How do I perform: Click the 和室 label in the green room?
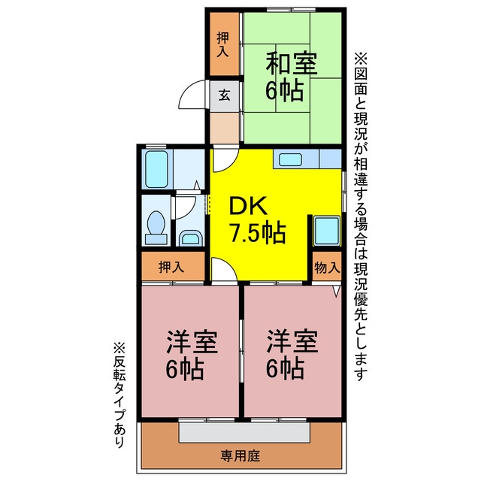(x=291, y=64)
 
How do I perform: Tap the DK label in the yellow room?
(x=248, y=206)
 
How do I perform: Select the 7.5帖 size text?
(x=259, y=232)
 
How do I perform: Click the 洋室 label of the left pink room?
(x=192, y=342)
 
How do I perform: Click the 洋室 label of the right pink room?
(x=292, y=342)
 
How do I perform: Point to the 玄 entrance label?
(x=225, y=95)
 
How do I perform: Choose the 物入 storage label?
(x=328, y=268)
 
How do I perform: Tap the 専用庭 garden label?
(x=240, y=456)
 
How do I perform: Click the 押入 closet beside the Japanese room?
(x=222, y=44)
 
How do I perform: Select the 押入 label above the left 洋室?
(x=171, y=268)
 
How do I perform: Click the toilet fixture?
(x=156, y=227)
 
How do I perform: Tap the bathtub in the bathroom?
(x=156, y=169)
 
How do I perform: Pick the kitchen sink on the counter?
(x=290, y=159)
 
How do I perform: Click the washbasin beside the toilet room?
(x=190, y=238)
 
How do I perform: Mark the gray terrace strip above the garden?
(x=244, y=433)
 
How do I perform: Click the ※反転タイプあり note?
(x=119, y=395)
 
